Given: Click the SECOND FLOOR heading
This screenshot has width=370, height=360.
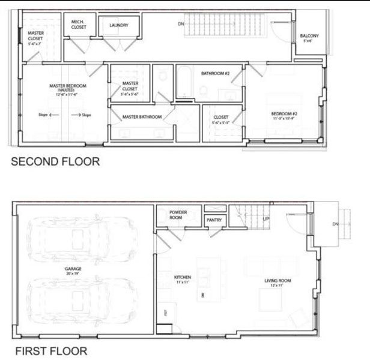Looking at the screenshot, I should click(x=55, y=161).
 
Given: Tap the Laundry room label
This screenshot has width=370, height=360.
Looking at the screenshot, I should click(x=119, y=25).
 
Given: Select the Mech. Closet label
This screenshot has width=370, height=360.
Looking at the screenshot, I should click(x=78, y=24).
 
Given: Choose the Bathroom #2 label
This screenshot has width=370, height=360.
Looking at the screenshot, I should click(x=215, y=74).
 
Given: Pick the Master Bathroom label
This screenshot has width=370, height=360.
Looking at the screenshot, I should click(x=142, y=117).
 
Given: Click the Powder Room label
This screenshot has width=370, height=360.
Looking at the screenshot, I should click(x=178, y=215).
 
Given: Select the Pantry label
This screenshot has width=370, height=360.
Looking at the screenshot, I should click(x=214, y=220).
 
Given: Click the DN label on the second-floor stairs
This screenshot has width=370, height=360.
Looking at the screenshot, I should click(x=181, y=24).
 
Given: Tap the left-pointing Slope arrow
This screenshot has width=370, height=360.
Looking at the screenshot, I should click(x=53, y=115).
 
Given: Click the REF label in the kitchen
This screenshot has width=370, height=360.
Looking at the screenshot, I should click(x=165, y=312).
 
